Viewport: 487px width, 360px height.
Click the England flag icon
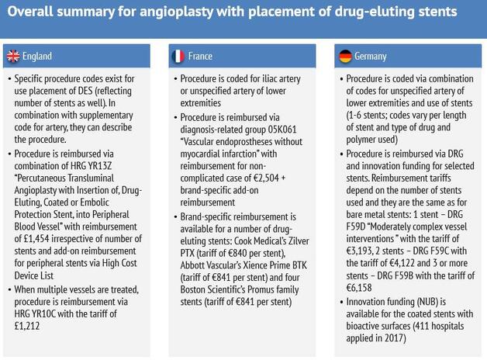pos(14,56)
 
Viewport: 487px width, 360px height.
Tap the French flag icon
pos(178,56)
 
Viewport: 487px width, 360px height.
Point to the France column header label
pos(200,56)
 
